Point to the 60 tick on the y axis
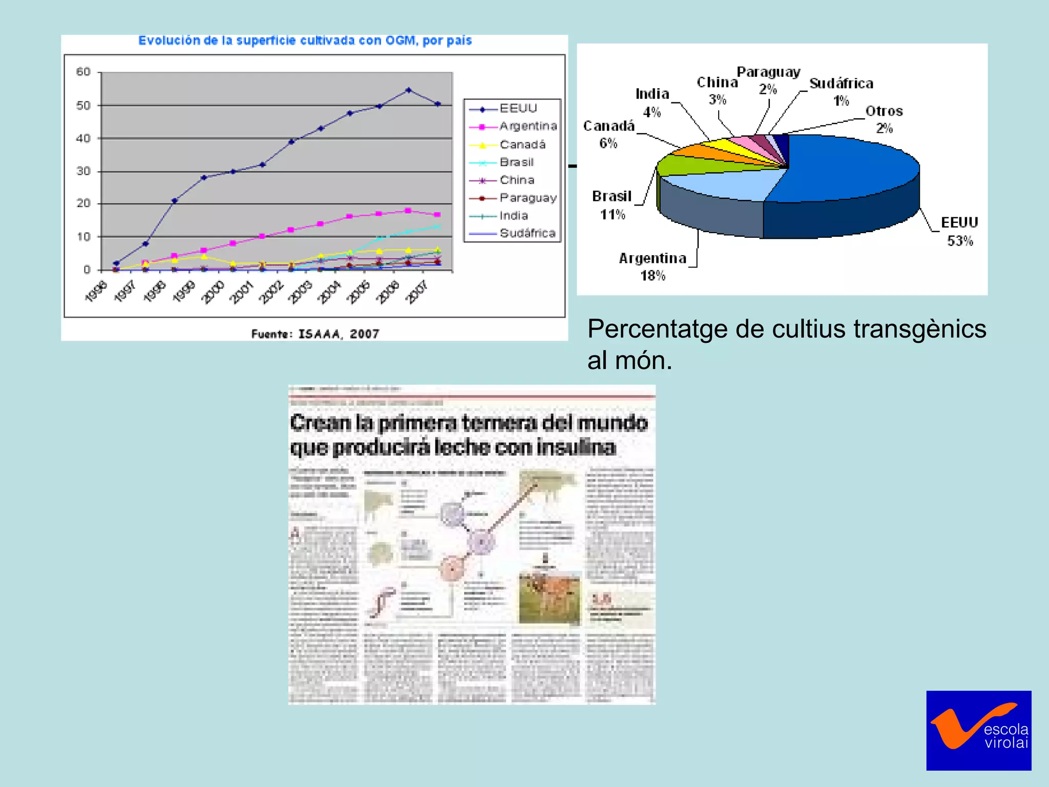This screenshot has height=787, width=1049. (83, 72)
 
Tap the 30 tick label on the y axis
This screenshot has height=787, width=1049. (83, 171)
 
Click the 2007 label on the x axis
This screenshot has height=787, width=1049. (417, 292)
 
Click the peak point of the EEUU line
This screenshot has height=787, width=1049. (408, 90)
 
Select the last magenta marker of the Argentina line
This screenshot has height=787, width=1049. (437, 215)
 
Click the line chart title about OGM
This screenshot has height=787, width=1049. (305, 40)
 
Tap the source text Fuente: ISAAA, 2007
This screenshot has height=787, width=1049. (315, 334)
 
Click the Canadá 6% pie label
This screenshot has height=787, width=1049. (609, 134)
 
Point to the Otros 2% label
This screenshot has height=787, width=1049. (884, 119)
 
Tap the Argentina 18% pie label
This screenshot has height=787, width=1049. (653, 266)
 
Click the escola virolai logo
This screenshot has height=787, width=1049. (978, 730)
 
